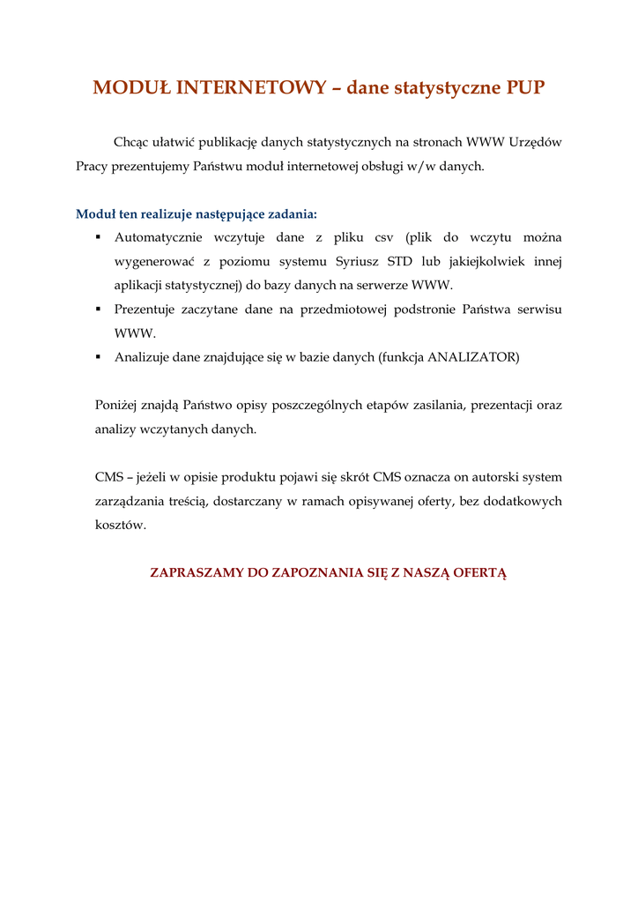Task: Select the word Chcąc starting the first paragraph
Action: click(x=130, y=141)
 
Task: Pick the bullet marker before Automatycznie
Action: click(x=99, y=237)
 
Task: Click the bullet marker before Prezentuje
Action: click(x=99, y=310)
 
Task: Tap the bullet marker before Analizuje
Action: click(x=99, y=357)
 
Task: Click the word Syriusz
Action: click(x=360, y=261)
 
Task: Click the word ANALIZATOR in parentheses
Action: click(x=472, y=357)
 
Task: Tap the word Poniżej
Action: click(x=117, y=406)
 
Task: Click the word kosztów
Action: click(x=121, y=525)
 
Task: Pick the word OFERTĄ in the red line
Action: click(x=480, y=572)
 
